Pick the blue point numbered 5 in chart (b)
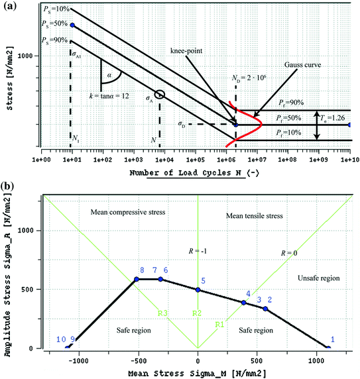[x=198, y=290]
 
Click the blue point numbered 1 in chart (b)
[x=328, y=348]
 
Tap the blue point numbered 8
[x=137, y=279]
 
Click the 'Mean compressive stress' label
[x=125, y=212]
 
